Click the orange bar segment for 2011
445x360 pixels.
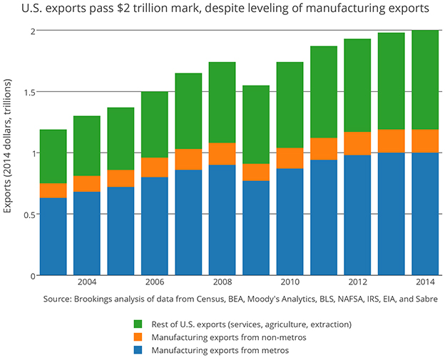click(324, 149)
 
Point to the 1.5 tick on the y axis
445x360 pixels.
click(27, 92)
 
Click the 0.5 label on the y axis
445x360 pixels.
click(27, 215)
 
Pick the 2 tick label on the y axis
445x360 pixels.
click(32, 31)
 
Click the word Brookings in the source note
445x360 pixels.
click(97, 299)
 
